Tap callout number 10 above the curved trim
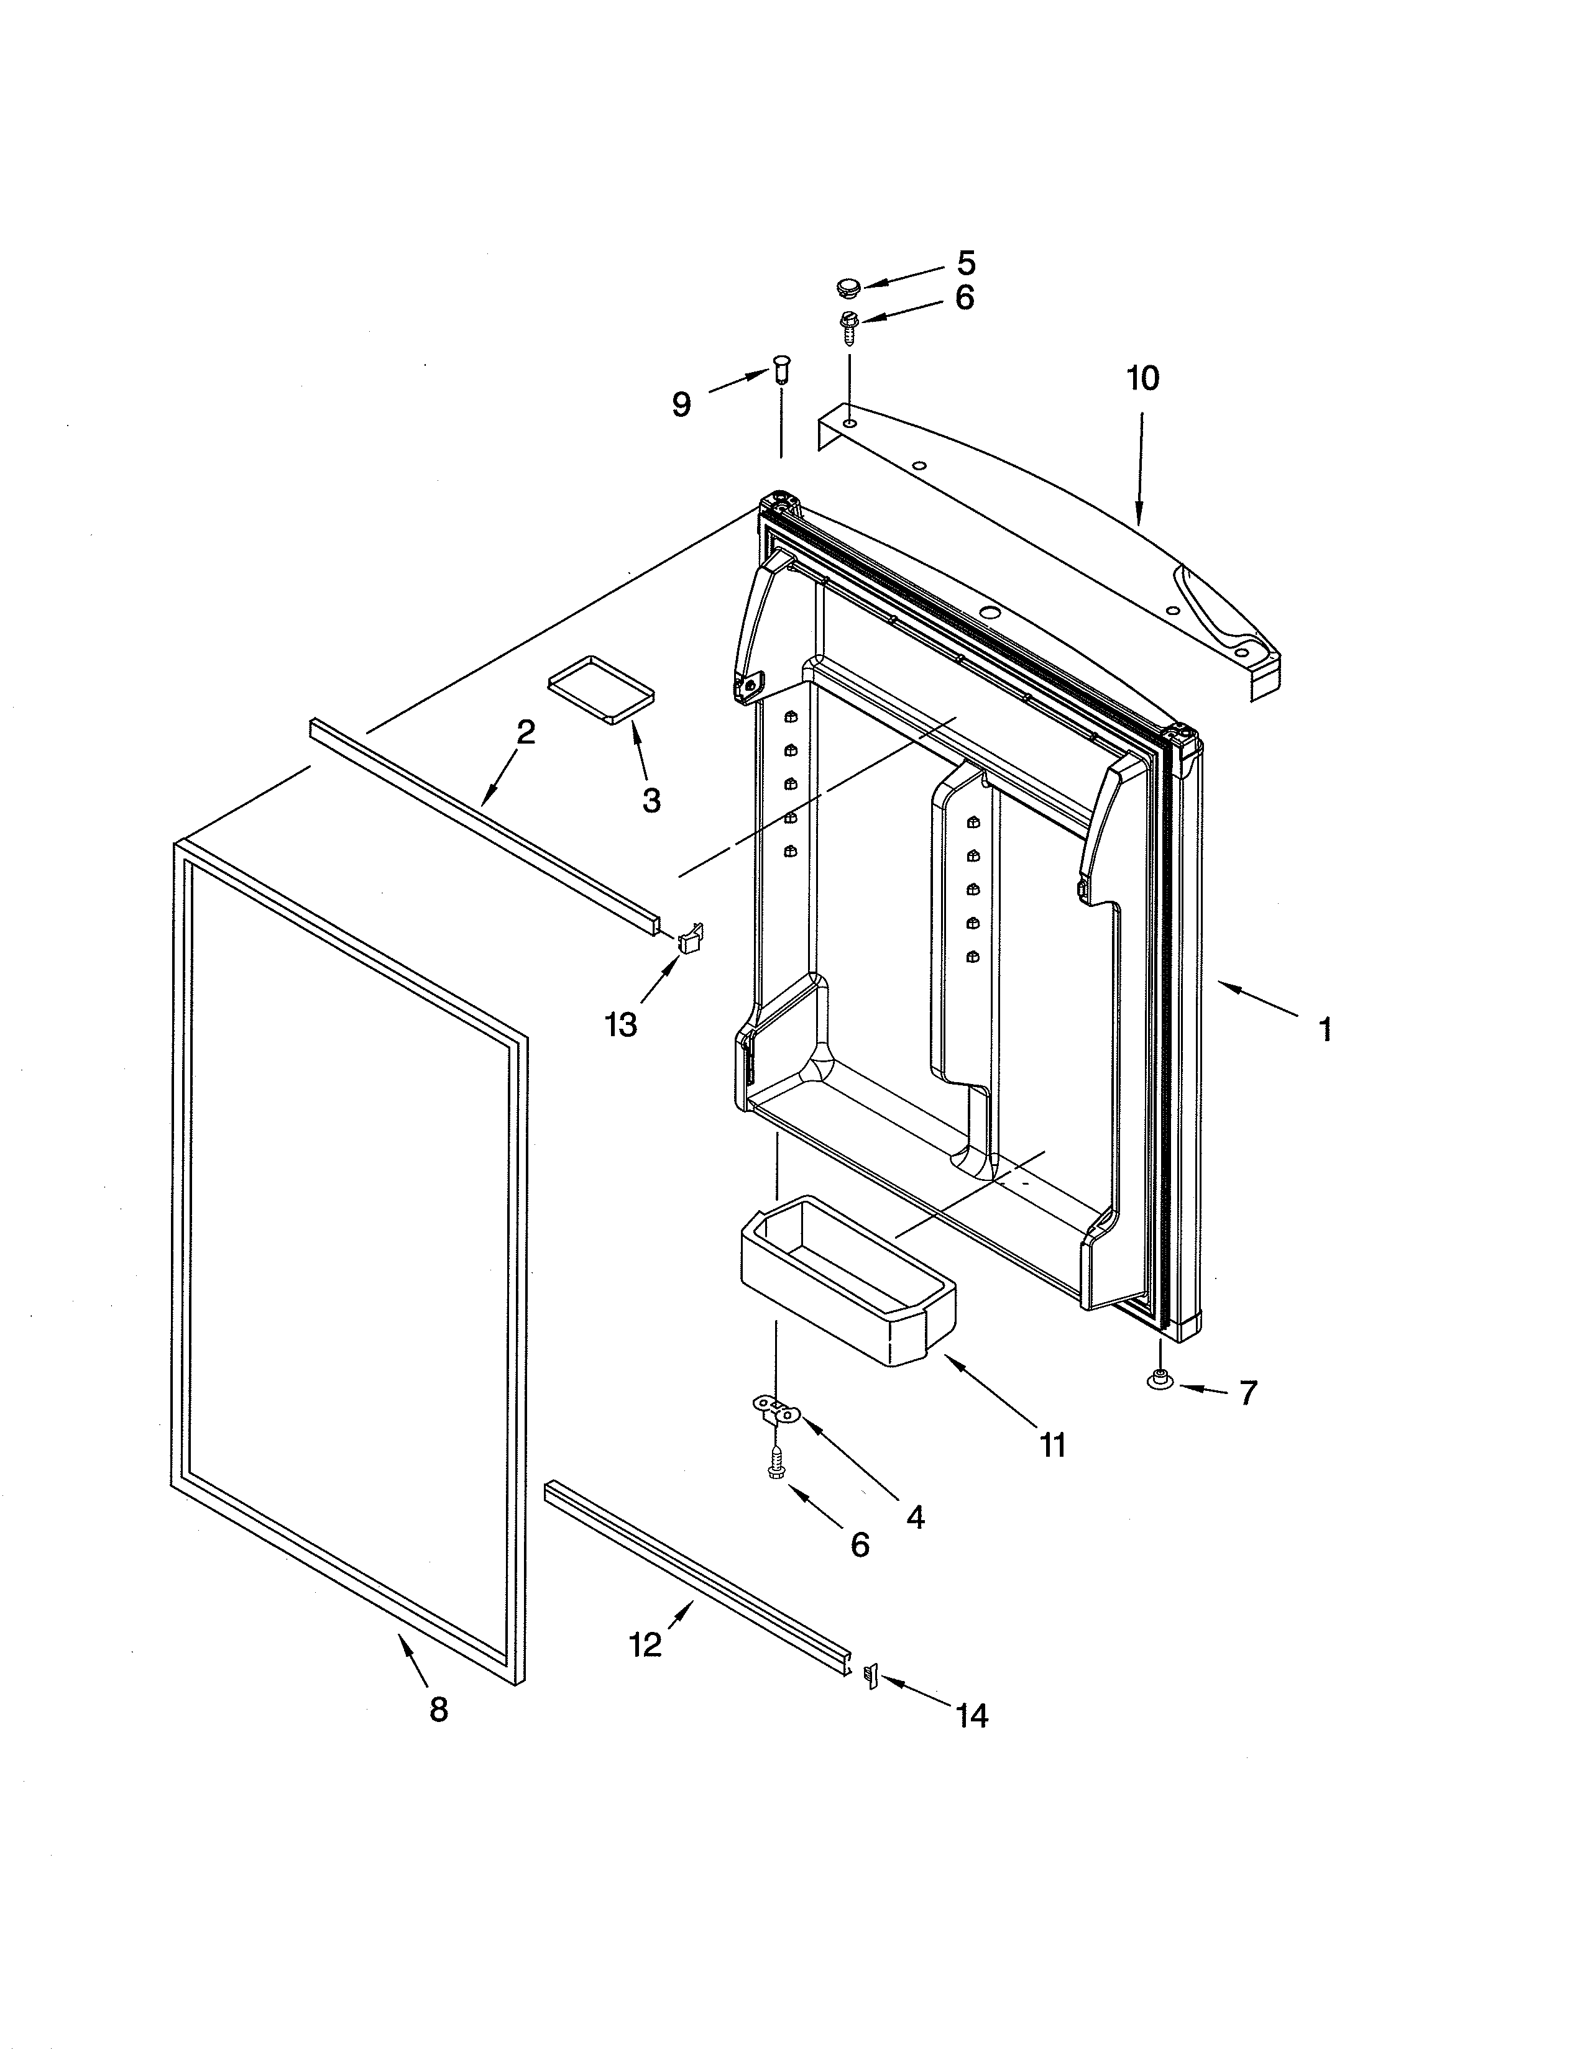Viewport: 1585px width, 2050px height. [1142, 378]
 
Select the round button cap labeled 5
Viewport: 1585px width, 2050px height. [848, 286]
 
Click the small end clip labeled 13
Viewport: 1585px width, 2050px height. [690, 937]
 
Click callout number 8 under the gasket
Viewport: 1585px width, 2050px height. [438, 1710]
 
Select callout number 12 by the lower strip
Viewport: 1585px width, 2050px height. [645, 1644]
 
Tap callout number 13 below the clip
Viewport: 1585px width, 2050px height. [621, 1025]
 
